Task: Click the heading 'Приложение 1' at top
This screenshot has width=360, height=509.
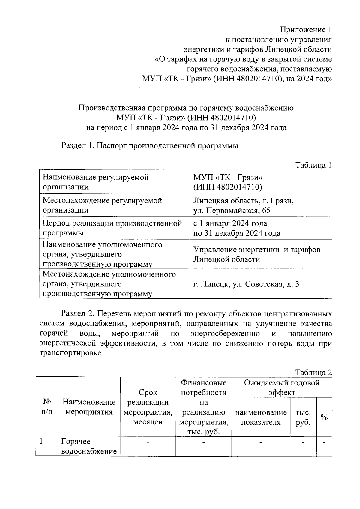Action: click(306, 30)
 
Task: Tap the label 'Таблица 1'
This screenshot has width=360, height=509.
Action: click(313, 165)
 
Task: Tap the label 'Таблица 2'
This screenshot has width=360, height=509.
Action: click(313, 373)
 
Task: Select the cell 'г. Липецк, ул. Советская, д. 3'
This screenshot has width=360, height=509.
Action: click(246, 284)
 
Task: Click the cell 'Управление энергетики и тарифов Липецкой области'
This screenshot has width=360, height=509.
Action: click(256, 254)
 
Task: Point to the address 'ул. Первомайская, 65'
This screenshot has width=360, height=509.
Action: click(232, 210)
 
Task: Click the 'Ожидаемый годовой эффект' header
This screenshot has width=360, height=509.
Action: click(282, 387)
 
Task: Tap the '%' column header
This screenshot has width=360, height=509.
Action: click(324, 417)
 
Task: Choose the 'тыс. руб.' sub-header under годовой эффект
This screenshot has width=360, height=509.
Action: click(303, 417)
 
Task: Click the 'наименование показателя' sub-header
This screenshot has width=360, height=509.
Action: click(261, 417)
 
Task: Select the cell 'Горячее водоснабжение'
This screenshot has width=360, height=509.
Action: click(89, 446)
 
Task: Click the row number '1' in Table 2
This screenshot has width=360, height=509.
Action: click(42, 442)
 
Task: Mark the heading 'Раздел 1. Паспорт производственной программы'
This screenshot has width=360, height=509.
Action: click(150, 146)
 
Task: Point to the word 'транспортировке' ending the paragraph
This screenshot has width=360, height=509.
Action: click(70, 353)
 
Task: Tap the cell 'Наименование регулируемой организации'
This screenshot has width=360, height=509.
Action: click(96, 182)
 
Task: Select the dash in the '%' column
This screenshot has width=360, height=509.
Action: click(324, 442)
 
